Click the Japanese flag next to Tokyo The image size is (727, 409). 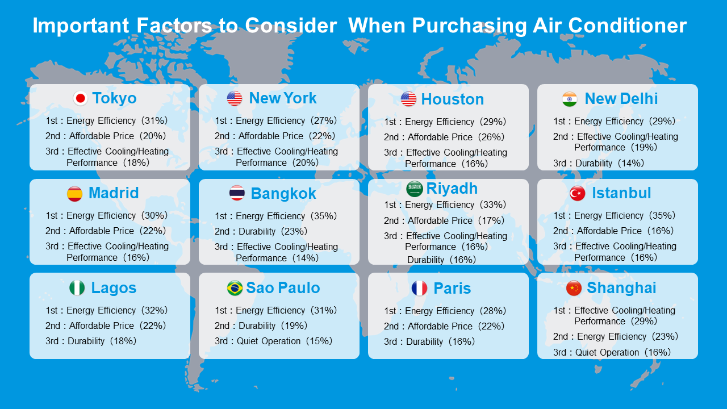(x=80, y=98)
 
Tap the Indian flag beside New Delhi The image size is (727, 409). (x=570, y=99)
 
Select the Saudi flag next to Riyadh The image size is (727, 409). (x=414, y=189)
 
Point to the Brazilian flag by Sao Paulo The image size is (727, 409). (x=235, y=288)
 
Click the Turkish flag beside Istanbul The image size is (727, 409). (x=578, y=194)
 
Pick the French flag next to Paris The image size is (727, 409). (x=419, y=288)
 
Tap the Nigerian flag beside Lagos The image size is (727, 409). (x=77, y=288)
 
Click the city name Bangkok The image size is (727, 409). (x=283, y=194)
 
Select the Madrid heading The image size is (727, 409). (x=114, y=193)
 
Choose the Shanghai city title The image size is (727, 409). (x=621, y=288)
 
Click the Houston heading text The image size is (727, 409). (x=453, y=99)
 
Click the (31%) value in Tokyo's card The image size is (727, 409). (x=154, y=121)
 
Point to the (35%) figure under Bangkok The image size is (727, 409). (x=324, y=216)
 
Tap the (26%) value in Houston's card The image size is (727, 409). (x=491, y=137)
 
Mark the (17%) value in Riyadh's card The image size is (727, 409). (x=491, y=221)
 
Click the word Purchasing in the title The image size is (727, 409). (x=470, y=26)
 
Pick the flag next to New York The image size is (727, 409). (x=235, y=98)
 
